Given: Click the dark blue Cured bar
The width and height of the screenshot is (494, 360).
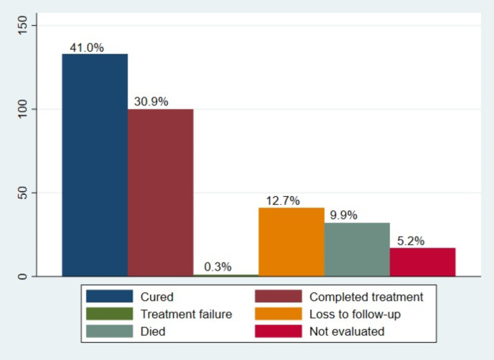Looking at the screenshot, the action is (94, 165).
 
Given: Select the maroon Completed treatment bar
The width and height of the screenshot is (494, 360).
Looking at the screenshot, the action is (160, 193).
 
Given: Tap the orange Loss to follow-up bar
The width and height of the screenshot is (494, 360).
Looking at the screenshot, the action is (291, 242).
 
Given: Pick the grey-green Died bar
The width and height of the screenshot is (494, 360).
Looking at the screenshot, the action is (357, 250).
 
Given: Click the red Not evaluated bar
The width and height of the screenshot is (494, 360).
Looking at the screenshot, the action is (423, 263).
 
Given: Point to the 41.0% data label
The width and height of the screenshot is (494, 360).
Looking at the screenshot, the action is (87, 48).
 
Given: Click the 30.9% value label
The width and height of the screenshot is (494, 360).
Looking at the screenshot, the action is (151, 102).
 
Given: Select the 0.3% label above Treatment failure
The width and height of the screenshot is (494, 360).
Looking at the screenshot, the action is (218, 267).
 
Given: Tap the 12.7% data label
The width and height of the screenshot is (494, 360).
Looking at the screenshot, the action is (283, 201).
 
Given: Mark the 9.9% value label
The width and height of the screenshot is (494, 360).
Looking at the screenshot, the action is (344, 215).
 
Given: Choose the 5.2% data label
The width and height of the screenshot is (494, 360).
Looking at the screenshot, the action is (411, 241).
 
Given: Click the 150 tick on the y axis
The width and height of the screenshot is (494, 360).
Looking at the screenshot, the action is (22, 25).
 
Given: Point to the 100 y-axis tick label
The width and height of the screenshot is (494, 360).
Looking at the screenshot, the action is (22, 110).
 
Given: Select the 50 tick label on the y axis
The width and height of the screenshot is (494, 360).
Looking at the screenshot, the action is (22, 193).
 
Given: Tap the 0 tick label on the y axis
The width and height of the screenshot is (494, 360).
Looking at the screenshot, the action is (22, 276).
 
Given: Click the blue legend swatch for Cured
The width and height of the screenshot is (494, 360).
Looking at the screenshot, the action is (110, 297).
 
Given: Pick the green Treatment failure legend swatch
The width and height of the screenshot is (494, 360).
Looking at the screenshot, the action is (110, 314).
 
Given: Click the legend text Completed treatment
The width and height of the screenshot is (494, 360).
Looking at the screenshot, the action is (366, 297).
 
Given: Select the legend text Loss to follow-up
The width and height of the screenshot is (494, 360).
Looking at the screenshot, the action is (355, 315).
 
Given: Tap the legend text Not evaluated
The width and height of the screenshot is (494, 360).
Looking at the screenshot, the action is (347, 332).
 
